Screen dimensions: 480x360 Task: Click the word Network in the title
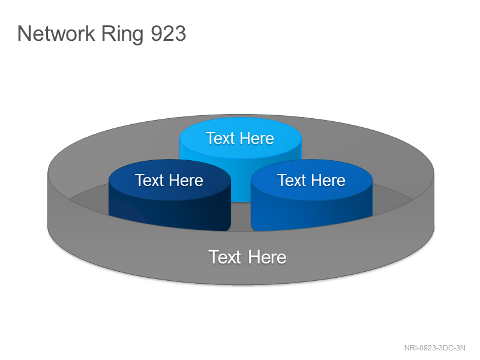56,33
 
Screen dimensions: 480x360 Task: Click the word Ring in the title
122,35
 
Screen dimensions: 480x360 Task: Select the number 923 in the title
169,34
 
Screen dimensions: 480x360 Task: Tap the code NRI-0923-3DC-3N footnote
434,348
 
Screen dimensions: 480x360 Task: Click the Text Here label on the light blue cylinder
239,139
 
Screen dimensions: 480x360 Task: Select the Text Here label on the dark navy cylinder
169,180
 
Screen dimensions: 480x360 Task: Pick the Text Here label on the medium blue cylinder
311,180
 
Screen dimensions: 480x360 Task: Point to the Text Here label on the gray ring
247,257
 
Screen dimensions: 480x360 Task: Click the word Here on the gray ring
267,257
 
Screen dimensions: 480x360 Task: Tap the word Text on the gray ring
224,257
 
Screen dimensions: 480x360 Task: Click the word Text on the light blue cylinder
220,139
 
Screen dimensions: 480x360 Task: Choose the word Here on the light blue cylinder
257,139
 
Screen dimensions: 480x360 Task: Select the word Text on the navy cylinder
149,180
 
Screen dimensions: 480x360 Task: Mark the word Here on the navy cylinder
186,180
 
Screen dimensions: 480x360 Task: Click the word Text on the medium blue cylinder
292,180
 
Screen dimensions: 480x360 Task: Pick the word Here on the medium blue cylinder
328,180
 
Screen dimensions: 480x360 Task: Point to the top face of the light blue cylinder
241,138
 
